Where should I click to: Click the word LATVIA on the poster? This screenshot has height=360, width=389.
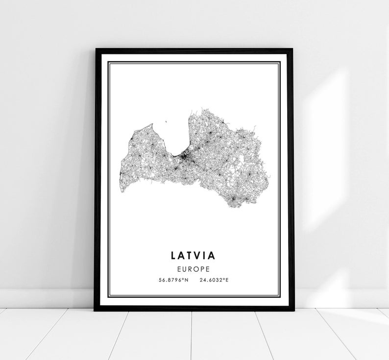pyautogui.click(x=194, y=255)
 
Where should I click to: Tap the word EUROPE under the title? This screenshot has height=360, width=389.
pyautogui.click(x=194, y=269)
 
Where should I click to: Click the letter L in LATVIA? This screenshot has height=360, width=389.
pyautogui.click(x=174, y=255)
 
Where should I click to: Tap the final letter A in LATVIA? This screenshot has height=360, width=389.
pyautogui.click(x=214, y=255)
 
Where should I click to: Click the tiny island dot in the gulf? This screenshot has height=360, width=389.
pyautogui.click(x=166, y=123)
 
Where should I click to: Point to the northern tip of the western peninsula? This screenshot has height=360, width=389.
pyautogui.click(x=152, y=124)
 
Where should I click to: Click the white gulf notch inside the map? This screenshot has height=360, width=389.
pyautogui.click(x=171, y=140)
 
